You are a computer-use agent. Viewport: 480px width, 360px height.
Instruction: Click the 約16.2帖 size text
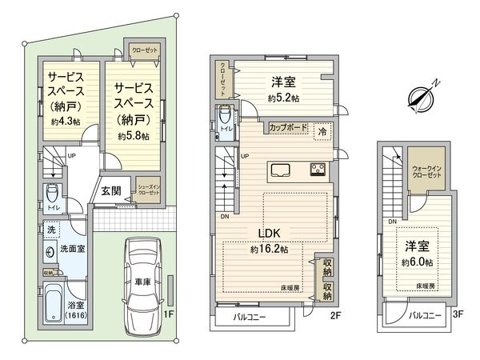click(x=267, y=249)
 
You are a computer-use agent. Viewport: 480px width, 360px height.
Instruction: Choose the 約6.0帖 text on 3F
click(x=418, y=262)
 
